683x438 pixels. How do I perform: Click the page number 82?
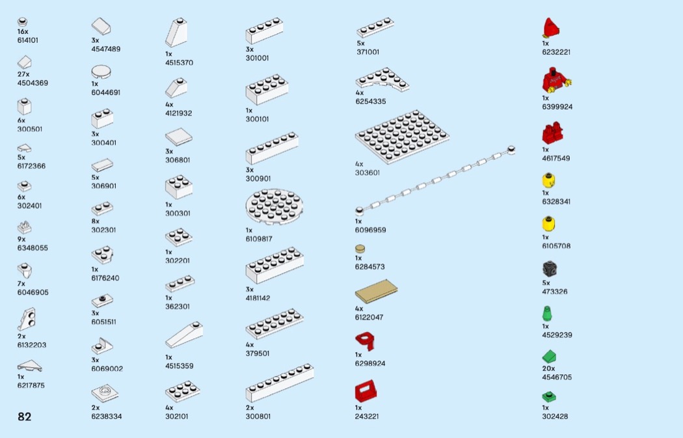[x=24, y=417]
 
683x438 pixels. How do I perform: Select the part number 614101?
[x=28, y=40]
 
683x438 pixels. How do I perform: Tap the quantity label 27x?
[x=23, y=74]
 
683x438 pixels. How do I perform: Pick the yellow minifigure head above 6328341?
[x=548, y=180]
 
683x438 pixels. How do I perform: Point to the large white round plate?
[x=276, y=207]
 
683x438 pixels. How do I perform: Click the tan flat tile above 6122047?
[x=376, y=292]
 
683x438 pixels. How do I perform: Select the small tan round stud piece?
[x=360, y=248]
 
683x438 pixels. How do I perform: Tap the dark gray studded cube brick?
[x=550, y=269]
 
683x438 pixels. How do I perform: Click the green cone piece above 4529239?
[x=547, y=313]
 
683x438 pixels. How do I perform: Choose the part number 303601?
[x=368, y=173]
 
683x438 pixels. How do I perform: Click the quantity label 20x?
[x=548, y=368]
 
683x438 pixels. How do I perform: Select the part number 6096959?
[x=370, y=230]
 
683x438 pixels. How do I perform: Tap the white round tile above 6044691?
[x=101, y=70]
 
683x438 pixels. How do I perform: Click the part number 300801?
[x=258, y=417]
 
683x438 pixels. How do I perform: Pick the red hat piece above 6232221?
[x=551, y=28]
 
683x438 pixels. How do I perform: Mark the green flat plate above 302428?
[x=549, y=396]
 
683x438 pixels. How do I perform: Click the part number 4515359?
[x=179, y=366]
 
